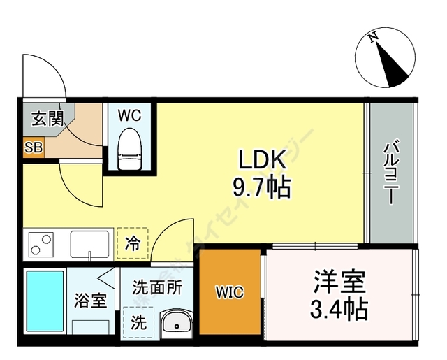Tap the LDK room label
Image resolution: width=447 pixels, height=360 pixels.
click(x=263, y=162)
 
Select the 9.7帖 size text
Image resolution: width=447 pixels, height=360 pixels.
click(x=263, y=187)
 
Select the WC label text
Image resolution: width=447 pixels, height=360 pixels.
click(x=129, y=115)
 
